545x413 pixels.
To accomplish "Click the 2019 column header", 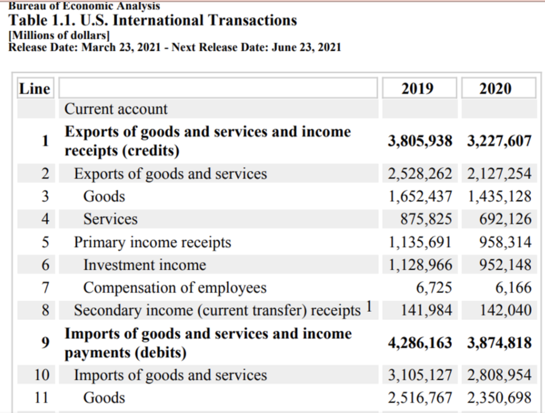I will pyautogui.click(x=417, y=88).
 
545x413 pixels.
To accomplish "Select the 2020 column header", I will pyautogui.click(x=496, y=88).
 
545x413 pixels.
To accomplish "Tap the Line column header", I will pyautogui.click(x=35, y=88).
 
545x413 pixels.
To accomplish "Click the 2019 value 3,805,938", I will pyautogui.click(x=420, y=141).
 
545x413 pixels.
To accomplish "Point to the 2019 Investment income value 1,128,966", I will pyautogui.click(x=420, y=265).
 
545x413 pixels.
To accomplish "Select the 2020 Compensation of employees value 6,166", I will pyautogui.click(x=513, y=287).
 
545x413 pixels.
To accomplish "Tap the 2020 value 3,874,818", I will pyautogui.click(x=499, y=343).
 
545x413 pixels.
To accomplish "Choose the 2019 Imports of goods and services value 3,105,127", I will pyautogui.click(x=420, y=375).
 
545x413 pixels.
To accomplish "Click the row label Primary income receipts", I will pyautogui.click(x=152, y=243).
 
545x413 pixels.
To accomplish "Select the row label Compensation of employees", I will pyautogui.click(x=175, y=288).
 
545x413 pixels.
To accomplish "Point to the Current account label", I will pyautogui.click(x=115, y=109).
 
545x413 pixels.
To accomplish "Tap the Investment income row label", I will pyautogui.click(x=144, y=265).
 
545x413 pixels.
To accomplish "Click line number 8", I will pyautogui.click(x=46, y=310).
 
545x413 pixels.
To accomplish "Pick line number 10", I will pyautogui.click(x=42, y=375).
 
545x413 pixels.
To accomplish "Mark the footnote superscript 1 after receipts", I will pyautogui.click(x=370, y=307).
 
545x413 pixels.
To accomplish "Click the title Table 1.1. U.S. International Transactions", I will pyautogui.click(x=153, y=21).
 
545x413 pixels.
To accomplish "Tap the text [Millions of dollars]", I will pyautogui.click(x=59, y=36).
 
